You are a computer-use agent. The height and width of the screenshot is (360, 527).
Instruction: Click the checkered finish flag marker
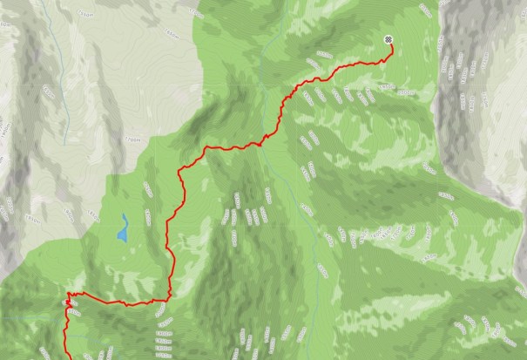[x=388, y=40]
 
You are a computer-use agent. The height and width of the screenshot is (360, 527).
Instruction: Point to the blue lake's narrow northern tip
[x=124, y=216]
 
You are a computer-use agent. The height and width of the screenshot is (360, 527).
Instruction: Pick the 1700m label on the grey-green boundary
[x=132, y=139]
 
